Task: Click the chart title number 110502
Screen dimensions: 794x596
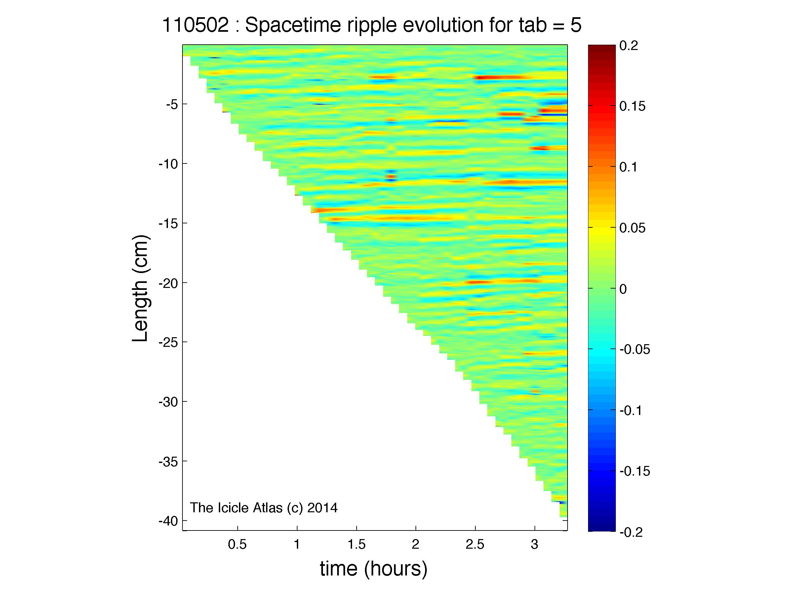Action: [196, 25]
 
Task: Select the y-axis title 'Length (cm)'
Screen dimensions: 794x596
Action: [140, 289]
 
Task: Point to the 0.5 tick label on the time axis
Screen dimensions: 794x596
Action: [237, 545]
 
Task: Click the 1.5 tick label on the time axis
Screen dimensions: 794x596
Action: [356, 545]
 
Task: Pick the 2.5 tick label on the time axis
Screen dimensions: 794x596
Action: [475, 545]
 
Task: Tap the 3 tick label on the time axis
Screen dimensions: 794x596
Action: [535, 545]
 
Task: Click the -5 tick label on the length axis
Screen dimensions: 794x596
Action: [172, 105]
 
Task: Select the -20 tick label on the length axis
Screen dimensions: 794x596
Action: [168, 283]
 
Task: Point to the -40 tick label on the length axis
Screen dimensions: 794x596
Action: [168, 521]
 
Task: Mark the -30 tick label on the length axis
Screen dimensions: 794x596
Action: [168, 402]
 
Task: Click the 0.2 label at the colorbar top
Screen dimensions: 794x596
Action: [629, 46]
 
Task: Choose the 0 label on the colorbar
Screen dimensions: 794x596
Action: [623, 289]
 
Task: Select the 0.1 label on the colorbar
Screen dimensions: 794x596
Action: [629, 167]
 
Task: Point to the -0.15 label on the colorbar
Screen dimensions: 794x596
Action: [635, 471]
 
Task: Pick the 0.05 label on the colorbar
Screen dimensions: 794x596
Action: [632, 228]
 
